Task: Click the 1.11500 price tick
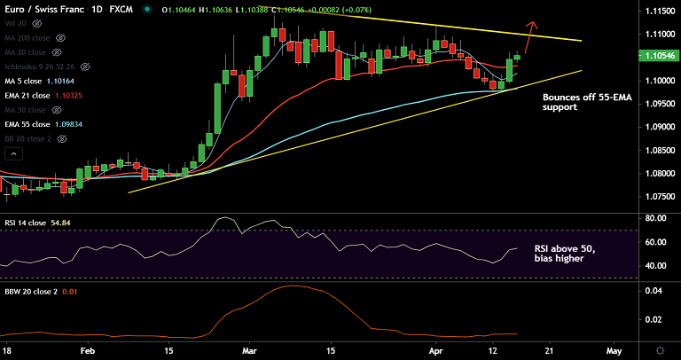coord(657,11)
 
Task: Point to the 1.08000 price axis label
coord(657,173)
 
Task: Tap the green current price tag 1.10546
coord(657,56)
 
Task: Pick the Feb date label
coord(87,350)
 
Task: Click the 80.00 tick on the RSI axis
coord(655,218)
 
